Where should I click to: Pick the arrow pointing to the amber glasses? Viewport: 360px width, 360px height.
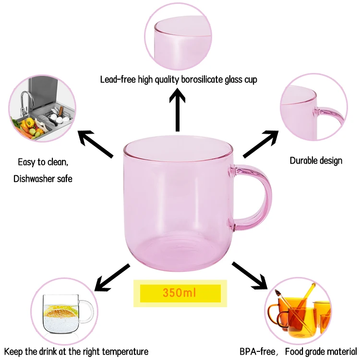coord(250,276)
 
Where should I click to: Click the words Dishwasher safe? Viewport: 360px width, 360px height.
coord(43,179)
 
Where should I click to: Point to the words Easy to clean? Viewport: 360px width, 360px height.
coord(43,162)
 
